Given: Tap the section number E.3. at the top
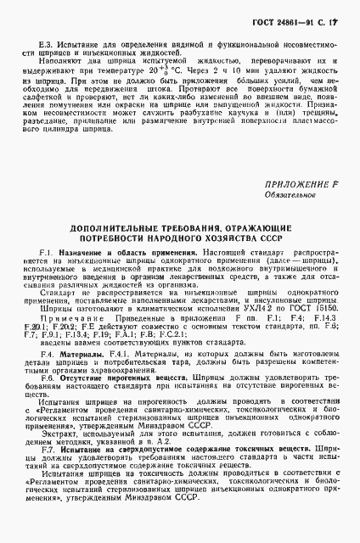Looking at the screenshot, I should (x=57, y=40).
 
